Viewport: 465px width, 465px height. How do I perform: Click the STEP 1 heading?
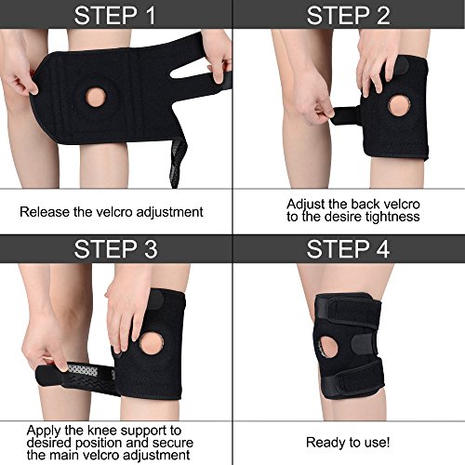coord(114,16)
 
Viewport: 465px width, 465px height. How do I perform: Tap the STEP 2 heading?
coord(348,16)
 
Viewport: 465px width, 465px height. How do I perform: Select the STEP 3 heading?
coord(115,249)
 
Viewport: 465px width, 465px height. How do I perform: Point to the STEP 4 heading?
coord(348,249)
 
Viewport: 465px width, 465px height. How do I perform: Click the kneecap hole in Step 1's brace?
coord(96,98)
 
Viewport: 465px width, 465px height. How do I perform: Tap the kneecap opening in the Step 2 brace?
coord(400,106)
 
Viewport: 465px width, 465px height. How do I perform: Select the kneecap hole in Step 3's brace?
coord(151,343)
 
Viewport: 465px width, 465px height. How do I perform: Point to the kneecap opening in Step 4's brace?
coord(328,347)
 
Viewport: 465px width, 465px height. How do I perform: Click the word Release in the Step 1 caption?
coord(45,212)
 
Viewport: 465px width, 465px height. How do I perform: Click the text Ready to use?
coord(348,443)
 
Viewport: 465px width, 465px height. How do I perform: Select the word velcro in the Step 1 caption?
coord(114,212)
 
